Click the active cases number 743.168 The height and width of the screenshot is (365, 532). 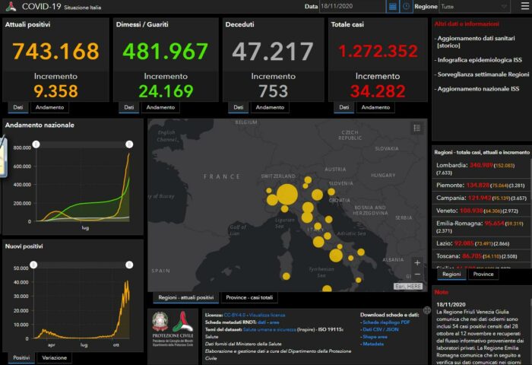tap(55, 52)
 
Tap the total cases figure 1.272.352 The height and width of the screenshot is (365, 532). tap(378, 52)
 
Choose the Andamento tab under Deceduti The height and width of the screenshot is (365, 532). tap(271, 107)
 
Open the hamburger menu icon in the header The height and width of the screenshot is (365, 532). tap(524, 6)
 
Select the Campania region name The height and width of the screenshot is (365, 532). tap(451, 198)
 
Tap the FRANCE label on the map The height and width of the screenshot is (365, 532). tap(221, 176)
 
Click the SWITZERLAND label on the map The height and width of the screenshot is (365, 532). tap(277, 176)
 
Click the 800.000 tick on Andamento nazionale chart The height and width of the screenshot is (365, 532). tap(22, 148)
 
